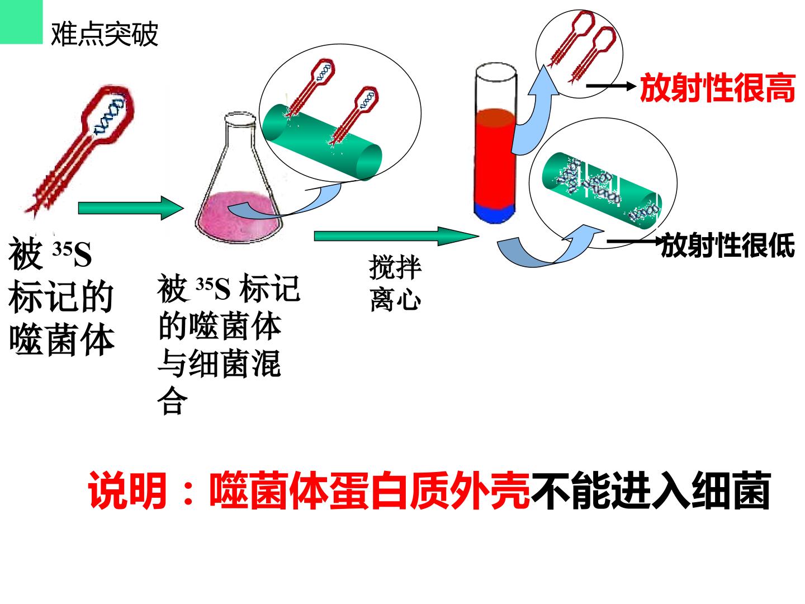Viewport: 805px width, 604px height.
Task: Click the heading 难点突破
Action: coord(104,35)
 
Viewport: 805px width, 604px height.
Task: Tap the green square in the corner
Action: coord(21,22)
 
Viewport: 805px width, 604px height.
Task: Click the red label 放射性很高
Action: coord(717,88)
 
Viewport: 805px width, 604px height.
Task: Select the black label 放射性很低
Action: coord(728,245)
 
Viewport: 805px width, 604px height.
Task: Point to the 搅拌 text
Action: coord(395,267)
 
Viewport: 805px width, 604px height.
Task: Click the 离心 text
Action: coord(395,299)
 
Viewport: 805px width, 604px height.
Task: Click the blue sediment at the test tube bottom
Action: coord(495,213)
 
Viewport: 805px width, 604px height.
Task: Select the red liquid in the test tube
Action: coord(495,157)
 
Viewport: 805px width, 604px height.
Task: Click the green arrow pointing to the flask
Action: coord(131,208)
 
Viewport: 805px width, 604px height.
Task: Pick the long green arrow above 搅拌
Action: coord(396,236)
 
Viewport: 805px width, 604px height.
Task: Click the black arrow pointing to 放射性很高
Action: coord(611,86)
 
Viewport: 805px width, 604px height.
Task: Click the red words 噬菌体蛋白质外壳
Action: coord(369,490)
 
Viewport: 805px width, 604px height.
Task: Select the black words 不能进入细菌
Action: coord(650,490)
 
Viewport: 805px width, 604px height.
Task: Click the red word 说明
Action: coord(126,490)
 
